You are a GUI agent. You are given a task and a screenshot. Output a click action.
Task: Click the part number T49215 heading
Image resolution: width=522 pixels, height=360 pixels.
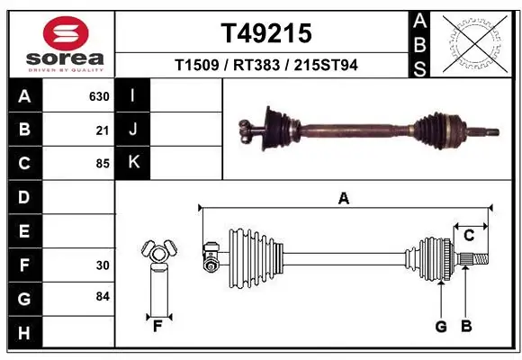[x=266, y=33]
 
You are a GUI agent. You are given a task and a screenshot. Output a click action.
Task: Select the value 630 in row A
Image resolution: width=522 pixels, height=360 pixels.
[x=99, y=96]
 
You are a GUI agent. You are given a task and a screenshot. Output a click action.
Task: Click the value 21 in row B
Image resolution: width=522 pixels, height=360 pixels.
[x=103, y=130]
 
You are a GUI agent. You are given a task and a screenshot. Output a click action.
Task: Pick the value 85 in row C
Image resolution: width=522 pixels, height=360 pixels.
[x=103, y=165]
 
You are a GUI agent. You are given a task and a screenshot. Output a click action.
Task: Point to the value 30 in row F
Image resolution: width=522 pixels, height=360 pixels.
[x=103, y=265]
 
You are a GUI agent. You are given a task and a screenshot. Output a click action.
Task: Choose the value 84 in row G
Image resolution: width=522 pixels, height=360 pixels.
[x=103, y=296]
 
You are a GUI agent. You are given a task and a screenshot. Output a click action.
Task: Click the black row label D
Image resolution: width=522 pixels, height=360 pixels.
[x=23, y=197]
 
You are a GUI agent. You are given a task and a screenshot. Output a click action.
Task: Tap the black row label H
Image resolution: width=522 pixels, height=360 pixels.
[x=23, y=334]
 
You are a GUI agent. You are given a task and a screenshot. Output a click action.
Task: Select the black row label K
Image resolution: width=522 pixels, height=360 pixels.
[x=133, y=163]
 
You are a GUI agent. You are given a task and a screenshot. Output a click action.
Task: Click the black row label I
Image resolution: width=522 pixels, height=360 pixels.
[x=133, y=95]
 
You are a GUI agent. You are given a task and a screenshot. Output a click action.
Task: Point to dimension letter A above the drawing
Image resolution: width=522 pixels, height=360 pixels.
[x=343, y=199]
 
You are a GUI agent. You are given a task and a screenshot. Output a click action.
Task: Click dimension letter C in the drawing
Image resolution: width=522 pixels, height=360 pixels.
[x=469, y=236]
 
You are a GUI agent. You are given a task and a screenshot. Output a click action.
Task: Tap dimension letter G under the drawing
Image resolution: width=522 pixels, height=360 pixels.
[x=441, y=327]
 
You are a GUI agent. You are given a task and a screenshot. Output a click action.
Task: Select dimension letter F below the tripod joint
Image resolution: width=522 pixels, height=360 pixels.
[x=156, y=325]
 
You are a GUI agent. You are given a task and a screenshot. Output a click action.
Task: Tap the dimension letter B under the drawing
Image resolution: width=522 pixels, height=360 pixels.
[x=465, y=327]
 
